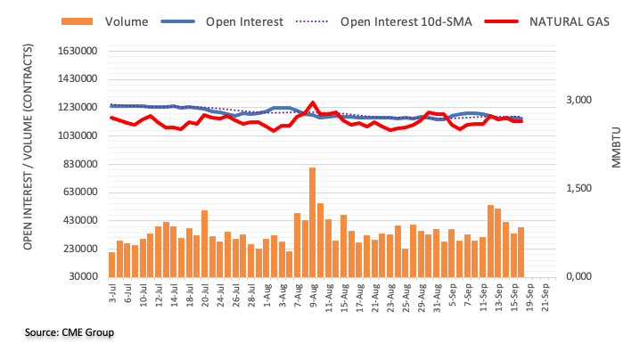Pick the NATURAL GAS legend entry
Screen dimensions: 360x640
click(570, 20)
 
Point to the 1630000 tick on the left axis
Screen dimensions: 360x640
click(74, 51)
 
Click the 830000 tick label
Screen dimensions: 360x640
click(78, 164)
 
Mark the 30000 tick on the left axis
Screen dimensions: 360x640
click(80, 277)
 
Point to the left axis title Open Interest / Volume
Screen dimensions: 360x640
click(29, 164)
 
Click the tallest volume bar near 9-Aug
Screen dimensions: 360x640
click(313, 222)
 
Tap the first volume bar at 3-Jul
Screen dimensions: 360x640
click(111, 265)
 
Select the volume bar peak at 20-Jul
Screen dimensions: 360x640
click(204, 243)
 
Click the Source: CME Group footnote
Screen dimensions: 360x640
click(70, 332)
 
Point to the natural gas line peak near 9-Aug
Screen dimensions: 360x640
click(313, 102)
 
